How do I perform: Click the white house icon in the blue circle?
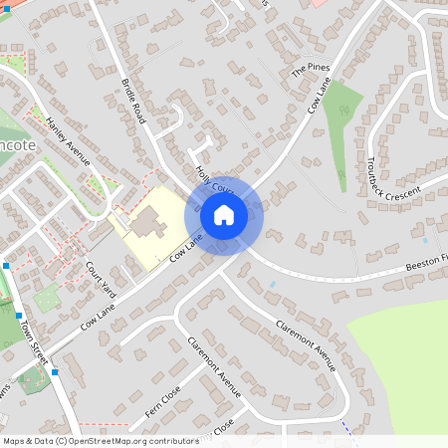[x=224, y=214]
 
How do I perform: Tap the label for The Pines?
[x=310, y=71]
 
